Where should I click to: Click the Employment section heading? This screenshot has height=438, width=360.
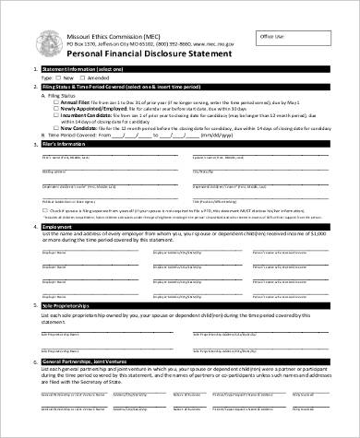(x=59, y=226)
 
